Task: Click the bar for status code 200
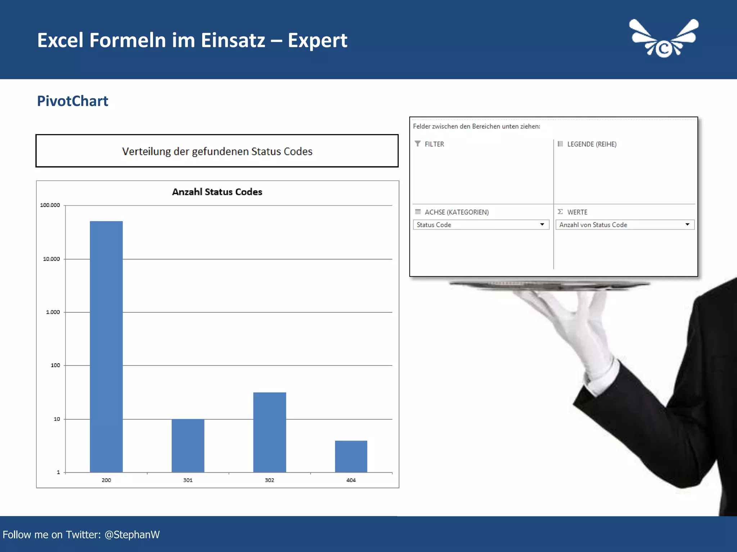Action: [x=106, y=346]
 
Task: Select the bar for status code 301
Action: [x=188, y=446]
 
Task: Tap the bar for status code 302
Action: [x=270, y=432]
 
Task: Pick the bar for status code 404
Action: [x=351, y=456]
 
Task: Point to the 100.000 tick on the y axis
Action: [x=50, y=205]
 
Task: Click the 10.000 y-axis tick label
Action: [x=51, y=259]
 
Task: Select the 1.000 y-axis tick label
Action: [x=53, y=312]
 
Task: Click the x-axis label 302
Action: [x=270, y=480]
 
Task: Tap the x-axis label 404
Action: [x=351, y=480]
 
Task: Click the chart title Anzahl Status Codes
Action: [x=217, y=192]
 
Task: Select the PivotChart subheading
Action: [x=72, y=101]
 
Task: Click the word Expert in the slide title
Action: [x=317, y=40]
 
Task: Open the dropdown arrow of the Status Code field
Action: [x=542, y=225]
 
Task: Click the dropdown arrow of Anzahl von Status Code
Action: [x=687, y=225]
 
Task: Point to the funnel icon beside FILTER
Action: [x=417, y=144]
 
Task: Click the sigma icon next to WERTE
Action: [x=560, y=212]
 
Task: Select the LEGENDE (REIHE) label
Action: [x=592, y=144]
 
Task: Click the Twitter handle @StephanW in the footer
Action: [x=132, y=535]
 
